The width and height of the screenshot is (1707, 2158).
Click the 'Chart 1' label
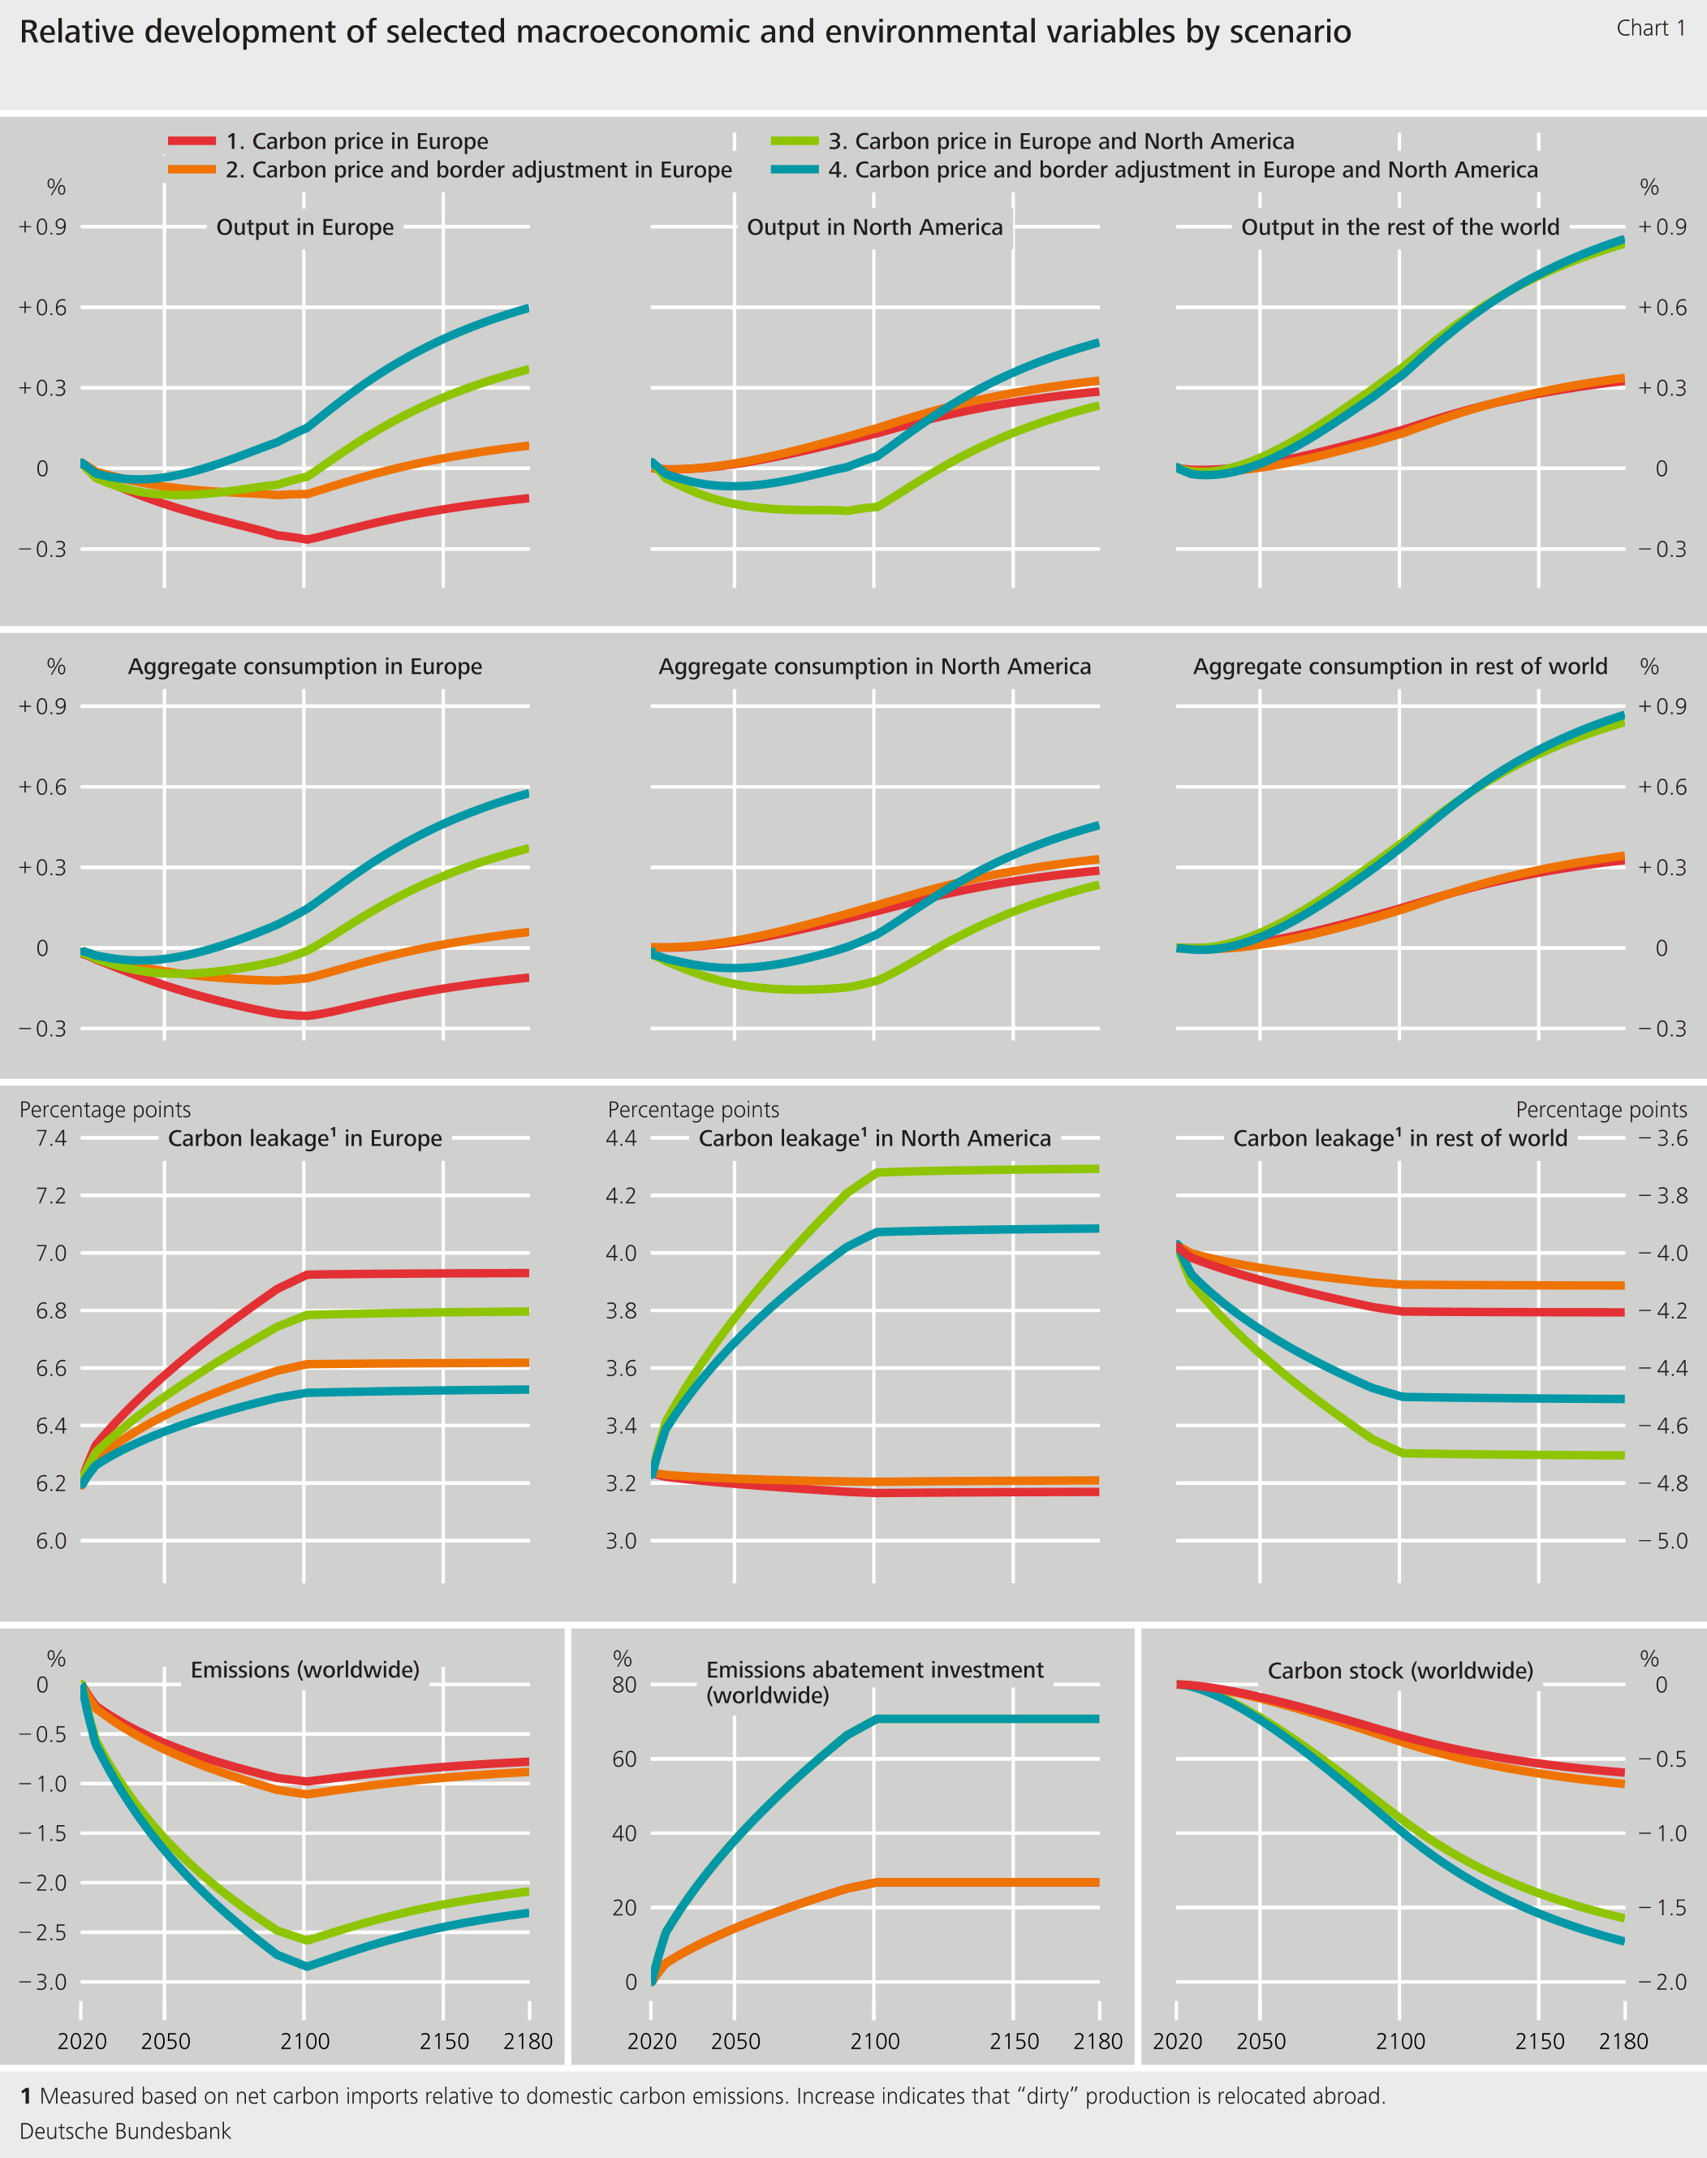(x=1650, y=28)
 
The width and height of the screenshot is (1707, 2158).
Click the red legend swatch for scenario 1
(x=192, y=141)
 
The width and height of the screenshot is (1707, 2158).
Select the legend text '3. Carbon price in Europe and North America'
(x=1060, y=141)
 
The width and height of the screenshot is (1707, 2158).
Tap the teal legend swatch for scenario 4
(x=795, y=170)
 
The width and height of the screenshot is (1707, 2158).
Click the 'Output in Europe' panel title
(x=305, y=227)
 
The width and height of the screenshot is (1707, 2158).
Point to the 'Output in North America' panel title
(x=874, y=227)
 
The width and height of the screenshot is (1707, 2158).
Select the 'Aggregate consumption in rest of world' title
(x=1399, y=667)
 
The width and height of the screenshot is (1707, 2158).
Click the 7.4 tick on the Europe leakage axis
(x=51, y=1138)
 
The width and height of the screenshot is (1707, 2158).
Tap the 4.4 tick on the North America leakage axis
(x=622, y=1138)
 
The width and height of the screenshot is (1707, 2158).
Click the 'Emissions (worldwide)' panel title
(x=305, y=1670)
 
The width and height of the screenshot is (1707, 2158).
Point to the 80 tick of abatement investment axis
(x=623, y=1685)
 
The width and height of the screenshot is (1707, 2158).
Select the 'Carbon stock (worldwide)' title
(x=1400, y=1671)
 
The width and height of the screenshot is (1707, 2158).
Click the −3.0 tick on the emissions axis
(x=42, y=1982)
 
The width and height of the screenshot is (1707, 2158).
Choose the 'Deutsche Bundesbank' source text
(x=125, y=2131)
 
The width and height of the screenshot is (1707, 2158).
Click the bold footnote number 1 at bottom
(x=26, y=2096)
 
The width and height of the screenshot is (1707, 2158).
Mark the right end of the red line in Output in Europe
(x=526, y=498)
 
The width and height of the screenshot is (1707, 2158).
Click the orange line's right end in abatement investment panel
(x=1097, y=1882)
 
